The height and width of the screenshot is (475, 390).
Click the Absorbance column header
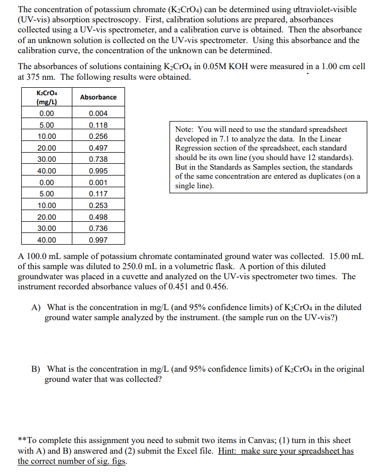pos(98,97)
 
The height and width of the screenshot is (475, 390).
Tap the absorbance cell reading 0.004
pos(98,113)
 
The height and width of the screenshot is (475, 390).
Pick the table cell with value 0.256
pos(98,136)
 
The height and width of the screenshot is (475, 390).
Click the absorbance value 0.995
pos(98,171)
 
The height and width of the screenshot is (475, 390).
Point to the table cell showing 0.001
pos(98,182)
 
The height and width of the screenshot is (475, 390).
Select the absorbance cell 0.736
pos(98,228)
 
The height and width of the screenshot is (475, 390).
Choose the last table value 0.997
pos(98,240)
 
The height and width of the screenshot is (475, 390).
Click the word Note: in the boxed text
pos(185,129)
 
